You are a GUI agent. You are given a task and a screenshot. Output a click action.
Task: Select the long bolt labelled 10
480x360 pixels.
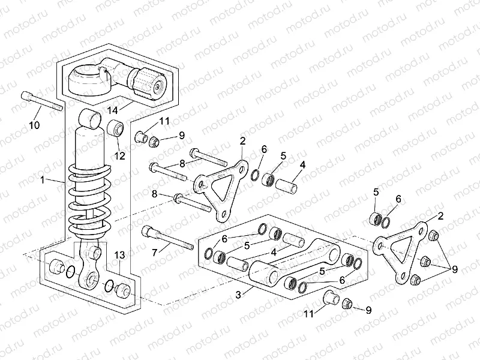(43, 100)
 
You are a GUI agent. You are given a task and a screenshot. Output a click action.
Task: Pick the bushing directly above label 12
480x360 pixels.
(115, 128)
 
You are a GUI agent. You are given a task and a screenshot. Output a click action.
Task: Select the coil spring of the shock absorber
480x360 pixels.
(89, 200)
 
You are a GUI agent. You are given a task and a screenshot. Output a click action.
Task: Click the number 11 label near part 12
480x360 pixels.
(164, 122)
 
